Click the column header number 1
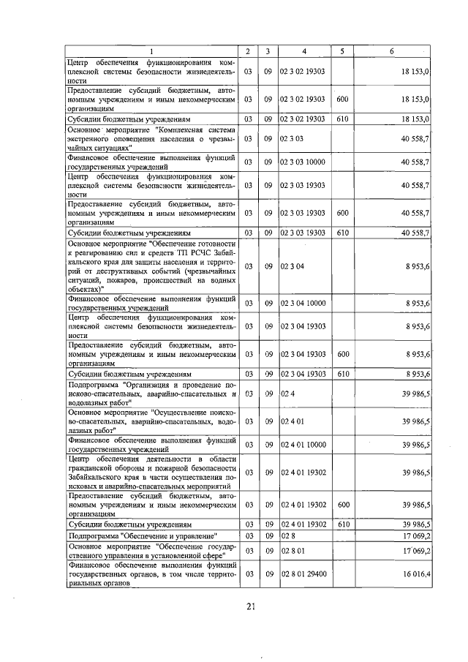(x=151, y=50)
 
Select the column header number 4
(x=304, y=50)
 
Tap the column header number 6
(x=392, y=50)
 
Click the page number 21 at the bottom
(x=250, y=605)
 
